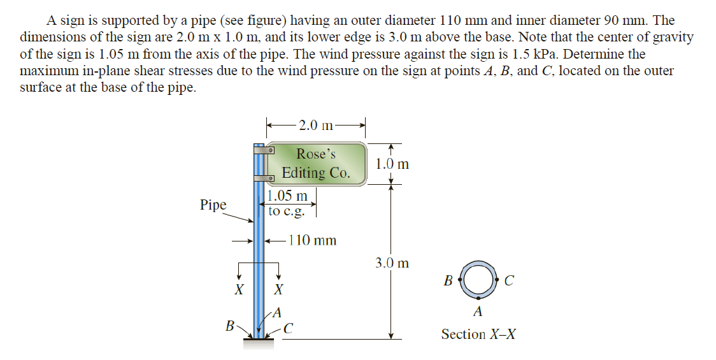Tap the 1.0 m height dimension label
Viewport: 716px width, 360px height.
pos(392,164)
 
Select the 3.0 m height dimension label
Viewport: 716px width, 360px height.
pos(392,263)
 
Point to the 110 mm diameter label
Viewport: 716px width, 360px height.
pos(312,241)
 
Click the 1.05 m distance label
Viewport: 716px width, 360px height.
pos(287,196)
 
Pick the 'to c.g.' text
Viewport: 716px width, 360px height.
pos(287,211)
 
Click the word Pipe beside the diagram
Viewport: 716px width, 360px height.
pos(213,205)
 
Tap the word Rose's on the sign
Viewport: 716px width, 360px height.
pos(316,154)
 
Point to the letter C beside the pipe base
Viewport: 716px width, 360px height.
pos(289,329)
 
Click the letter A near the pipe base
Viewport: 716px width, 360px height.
pos(276,312)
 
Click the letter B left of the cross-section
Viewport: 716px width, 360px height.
pos(448,280)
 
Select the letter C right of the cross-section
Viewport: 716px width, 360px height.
pos(508,280)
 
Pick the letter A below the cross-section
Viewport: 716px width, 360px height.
pos(478,312)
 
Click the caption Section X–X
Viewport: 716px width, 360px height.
pos(478,334)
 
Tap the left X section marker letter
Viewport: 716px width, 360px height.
pos(239,290)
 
